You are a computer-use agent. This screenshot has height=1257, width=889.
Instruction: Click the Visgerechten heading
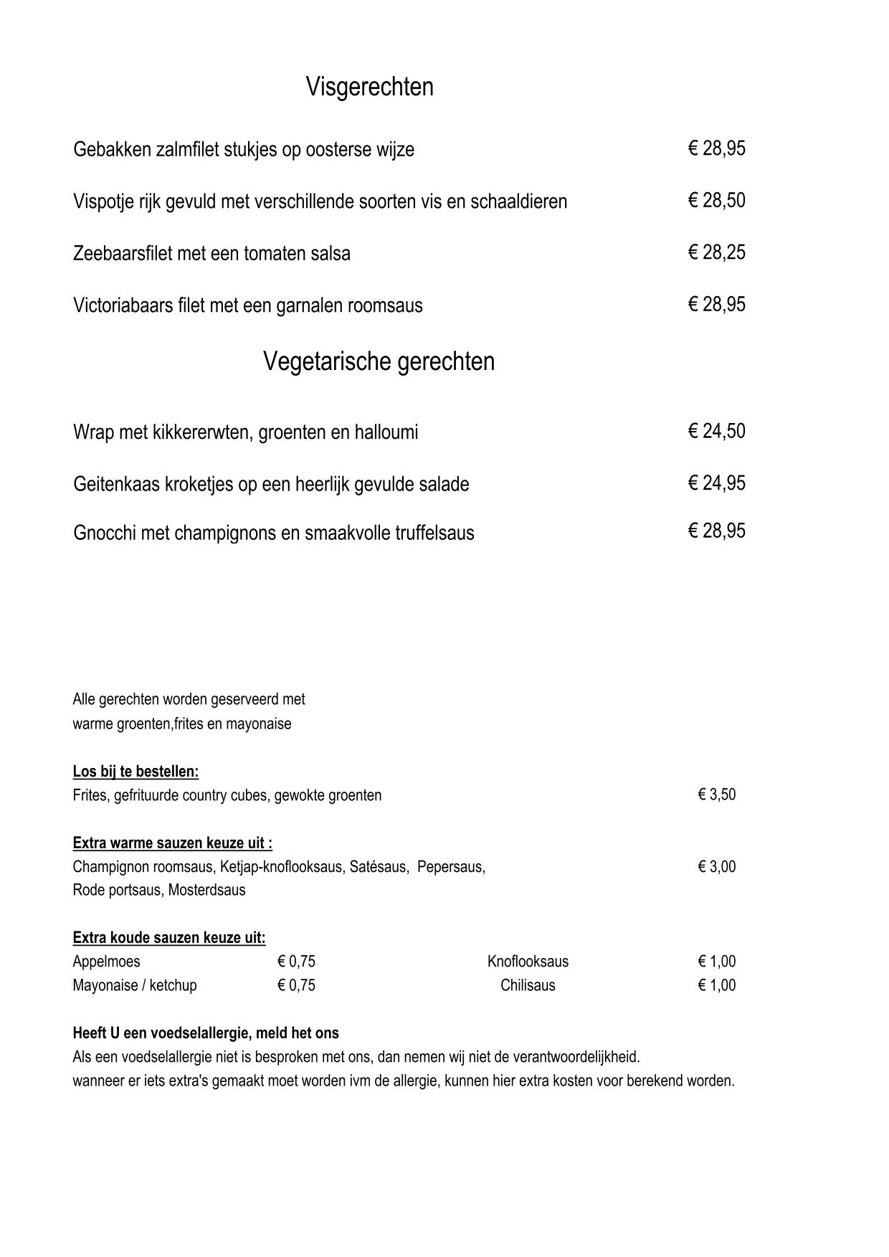tap(369, 87)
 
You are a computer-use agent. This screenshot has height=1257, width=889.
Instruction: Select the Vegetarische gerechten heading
tap(379, 361)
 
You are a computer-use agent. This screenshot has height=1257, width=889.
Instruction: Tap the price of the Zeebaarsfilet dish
tap(716, 252)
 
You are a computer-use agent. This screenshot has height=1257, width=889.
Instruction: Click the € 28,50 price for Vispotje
tap(716, 201)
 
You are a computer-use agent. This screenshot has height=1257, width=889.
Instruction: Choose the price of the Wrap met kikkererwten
tap(716, 431)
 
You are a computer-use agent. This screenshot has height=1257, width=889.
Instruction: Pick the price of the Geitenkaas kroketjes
tap(716, 483)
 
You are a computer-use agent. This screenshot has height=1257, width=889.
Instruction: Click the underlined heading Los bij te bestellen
tap(136, 772)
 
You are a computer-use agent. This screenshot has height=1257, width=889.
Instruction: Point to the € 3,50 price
tap(716, 794)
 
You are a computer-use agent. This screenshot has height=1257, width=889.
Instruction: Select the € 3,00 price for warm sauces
tap(716, 866)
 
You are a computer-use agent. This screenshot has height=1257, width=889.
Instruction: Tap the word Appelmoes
tap(106, 962)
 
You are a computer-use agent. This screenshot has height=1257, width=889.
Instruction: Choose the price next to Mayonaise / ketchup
tap(296, 985)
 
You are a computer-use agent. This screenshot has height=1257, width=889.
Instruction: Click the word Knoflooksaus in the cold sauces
tap(528, 962)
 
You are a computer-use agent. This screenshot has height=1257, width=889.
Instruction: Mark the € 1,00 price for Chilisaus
tap(716, 985)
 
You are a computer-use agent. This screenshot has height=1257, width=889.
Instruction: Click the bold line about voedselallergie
tap(206, 1033)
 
